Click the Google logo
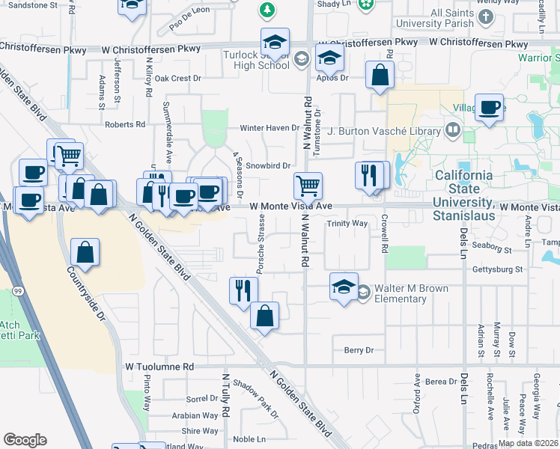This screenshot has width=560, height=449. (x=25, y=440)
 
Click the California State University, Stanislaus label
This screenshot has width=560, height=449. (x=464, y=195)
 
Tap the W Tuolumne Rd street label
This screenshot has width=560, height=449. (x=159, y=367)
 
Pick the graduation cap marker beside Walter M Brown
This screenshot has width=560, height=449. (x=344, y=286)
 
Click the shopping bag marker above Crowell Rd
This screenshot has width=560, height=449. (x=380, y=75)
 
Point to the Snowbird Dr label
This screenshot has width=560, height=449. (x=267, y=165)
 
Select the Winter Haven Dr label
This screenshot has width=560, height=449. (x=269, y=128)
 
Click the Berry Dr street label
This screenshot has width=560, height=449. (x=359, y=350)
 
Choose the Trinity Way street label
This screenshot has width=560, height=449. (x=347, y=224)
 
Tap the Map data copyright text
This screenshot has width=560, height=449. (x=528, y=443)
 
